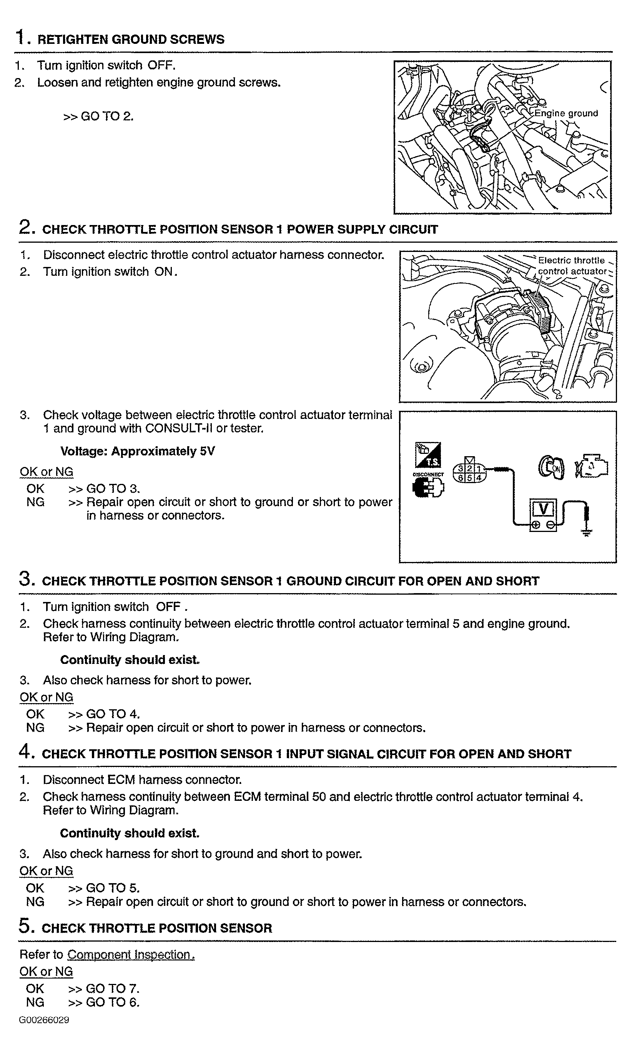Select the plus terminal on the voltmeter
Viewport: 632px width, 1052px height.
click(536, 525)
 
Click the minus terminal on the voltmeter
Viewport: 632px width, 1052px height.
click(551, 525)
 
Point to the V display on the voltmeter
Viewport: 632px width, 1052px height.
click(543, 509)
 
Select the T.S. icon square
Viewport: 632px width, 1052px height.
click(428, 455)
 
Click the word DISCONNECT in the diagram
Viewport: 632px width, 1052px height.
click(428, 474)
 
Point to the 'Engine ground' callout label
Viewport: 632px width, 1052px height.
click(566, 113)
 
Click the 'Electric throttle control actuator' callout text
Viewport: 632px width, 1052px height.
click(572, 266)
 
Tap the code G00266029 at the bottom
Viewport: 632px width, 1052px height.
click(44, 1020)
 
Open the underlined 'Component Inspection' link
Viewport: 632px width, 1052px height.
click(131, 955)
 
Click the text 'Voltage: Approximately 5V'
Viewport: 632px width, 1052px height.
click(137, 451)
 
